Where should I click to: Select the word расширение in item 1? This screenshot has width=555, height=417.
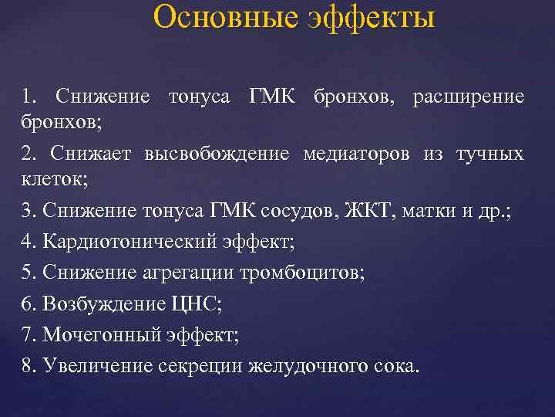pos(469,97)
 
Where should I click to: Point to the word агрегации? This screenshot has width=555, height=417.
pos(175,273)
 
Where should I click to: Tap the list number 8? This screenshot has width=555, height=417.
pos(28,365)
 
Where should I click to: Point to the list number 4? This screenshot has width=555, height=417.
pos(28,241)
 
